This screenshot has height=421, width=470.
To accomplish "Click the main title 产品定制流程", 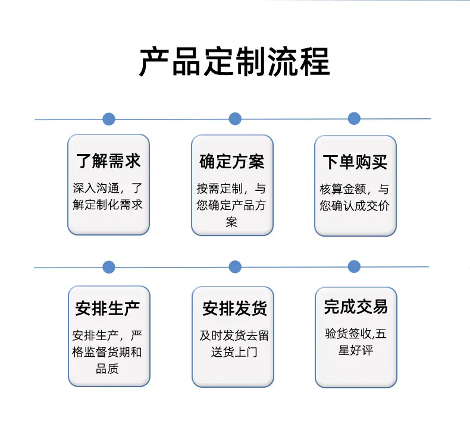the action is (x=234, y=62).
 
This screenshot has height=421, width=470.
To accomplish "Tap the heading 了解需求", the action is (x=108, y=161).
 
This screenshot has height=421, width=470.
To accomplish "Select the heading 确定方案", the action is (x=231, y=162).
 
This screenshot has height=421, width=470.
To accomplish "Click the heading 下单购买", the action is (x=355, y=162).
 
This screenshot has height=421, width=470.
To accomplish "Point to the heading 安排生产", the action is (x=108, y=309).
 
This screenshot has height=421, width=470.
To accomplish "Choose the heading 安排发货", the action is (x=234, y=309).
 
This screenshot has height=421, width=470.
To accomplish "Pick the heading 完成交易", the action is (x=356, y=307).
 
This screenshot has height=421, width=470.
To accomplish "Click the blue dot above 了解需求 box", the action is (x=109, y=119).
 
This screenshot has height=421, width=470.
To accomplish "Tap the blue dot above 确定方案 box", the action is (x=235, y=119).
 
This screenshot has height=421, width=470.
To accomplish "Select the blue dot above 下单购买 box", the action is (x=354, y=118).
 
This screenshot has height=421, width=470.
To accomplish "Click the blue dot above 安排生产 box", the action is (x=109, y=267).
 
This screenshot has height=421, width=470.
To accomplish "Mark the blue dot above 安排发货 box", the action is (x=235, y=266).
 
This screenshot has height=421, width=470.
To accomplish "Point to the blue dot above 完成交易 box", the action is (x=354, y=266).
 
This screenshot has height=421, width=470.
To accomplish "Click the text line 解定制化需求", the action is (x=108, y=205).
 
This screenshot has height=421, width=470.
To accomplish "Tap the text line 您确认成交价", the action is (x=355, y=206).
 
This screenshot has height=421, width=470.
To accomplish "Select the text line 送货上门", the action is (x=234, y=352).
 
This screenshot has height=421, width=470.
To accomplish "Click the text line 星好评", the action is (x=356, y=350).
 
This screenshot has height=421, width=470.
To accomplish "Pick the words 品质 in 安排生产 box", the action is (x=107, y=369).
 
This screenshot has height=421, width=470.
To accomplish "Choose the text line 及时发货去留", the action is (x=234, y=335).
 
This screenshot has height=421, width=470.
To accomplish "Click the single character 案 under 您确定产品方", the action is (x=231, y=222).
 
